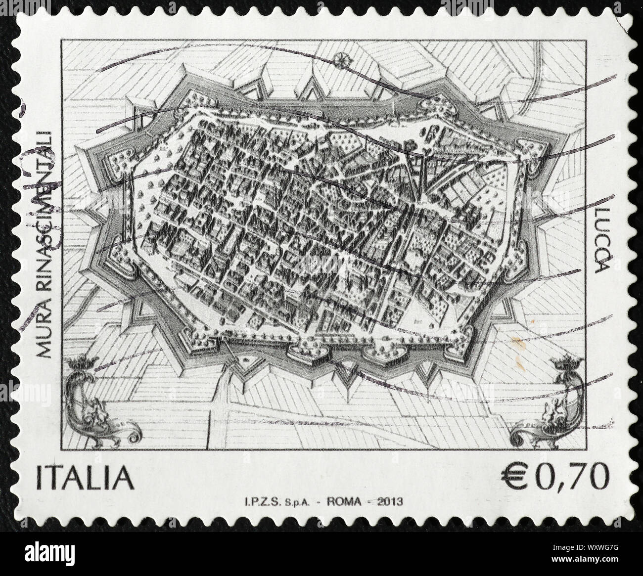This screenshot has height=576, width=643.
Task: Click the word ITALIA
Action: tap(85, 479)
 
